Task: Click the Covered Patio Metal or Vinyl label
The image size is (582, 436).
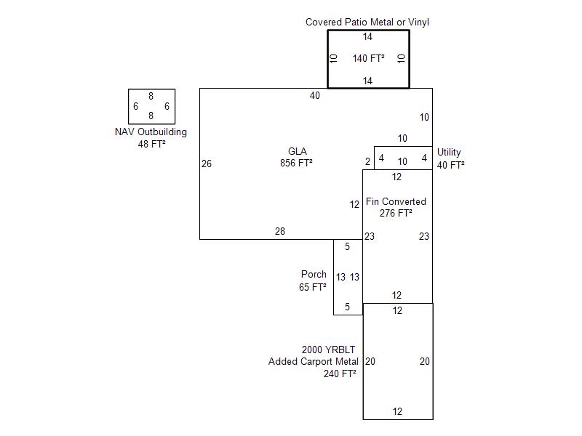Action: tap(367, 23)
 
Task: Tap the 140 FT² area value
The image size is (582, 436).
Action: tap(368, 59)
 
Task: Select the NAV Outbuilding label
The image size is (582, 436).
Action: tap(151, 132)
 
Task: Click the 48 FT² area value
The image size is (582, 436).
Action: tap(151, 145)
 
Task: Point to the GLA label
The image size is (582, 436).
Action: tap(297, 152)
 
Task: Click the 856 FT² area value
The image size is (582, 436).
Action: tap(296, 163)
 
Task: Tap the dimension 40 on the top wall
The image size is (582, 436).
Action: tap(314, 96)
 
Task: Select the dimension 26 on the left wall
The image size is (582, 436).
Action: tap(207, 164)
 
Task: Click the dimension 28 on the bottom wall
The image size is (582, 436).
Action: tap(280, 232)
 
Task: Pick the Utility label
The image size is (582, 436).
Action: tap(449, 153)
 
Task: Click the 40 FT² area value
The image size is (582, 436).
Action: tap(450, 165)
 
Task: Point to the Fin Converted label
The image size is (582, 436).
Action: tap(396, 202)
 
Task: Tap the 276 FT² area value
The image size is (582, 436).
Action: tap(396, 214)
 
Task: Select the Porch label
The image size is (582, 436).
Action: tap(314, 275)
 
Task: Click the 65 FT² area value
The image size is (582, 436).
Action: tap(312, 288)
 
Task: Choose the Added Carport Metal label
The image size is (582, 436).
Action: tap(313, 362)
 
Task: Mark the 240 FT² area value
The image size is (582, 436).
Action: tap(340, 374)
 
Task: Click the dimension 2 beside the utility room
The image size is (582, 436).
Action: tap(368, 161)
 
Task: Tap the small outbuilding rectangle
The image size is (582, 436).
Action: tap(151, 106)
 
